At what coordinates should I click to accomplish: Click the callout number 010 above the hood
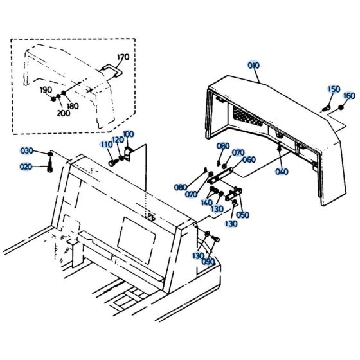(x=254, y=65)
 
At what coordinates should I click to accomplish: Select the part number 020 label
(x=26, y=166)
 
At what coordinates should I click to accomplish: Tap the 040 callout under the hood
(x=282, y=171)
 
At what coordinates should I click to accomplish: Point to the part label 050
(x=243, y=215)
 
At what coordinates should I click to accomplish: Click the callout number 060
(x=249, y=160)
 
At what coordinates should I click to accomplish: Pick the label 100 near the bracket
(x=128, y=134)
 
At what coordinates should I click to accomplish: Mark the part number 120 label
(x=117, y=139)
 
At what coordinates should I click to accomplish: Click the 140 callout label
(x=206, y=203)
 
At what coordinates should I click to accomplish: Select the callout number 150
(x=334, y=89)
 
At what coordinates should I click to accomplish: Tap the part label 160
(x=349, y=96)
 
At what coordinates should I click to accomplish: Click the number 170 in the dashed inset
(x=123, y=57)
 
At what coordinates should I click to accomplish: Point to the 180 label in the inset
(x=73, y=105)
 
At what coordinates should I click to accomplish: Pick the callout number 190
(x=46, y=90)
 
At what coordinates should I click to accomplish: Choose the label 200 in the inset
(x=64, y=113)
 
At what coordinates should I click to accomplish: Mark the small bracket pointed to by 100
(x=131, y=154)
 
